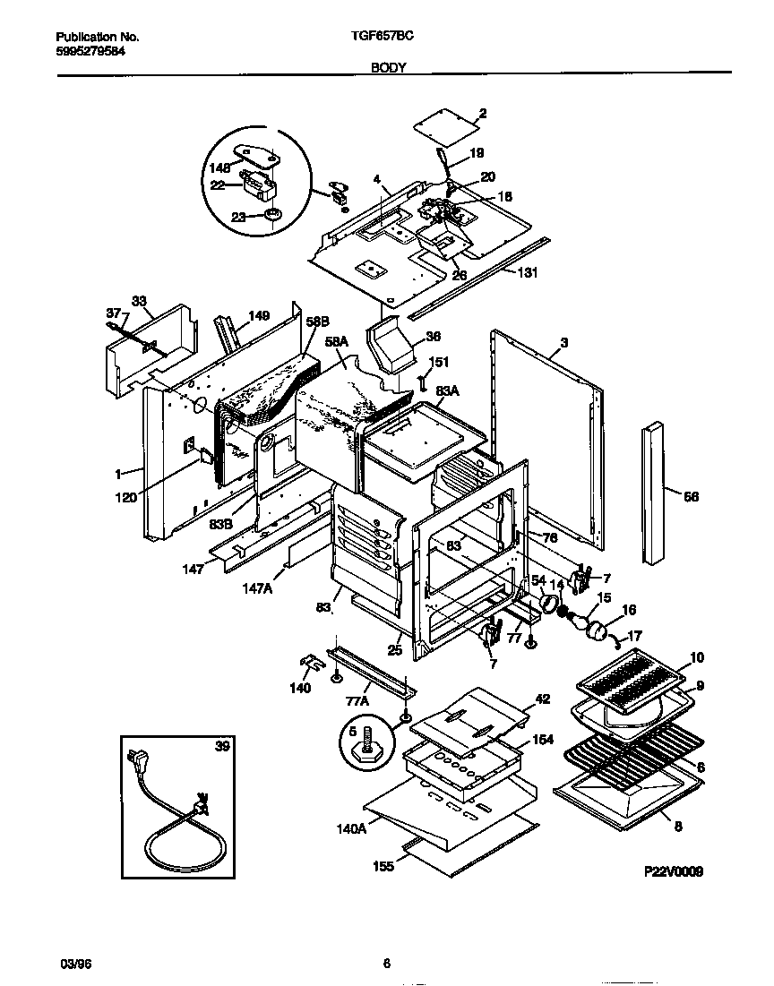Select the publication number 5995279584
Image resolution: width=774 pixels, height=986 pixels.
click(x=90, y=51)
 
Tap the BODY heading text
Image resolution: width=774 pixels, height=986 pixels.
click(x=386, y=68)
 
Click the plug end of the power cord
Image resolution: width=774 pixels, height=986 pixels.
click(x=142, y=762)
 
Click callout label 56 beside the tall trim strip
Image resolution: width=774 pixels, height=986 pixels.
click(x=691, y=496)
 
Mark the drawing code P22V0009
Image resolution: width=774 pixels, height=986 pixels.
click(x=673, y=870)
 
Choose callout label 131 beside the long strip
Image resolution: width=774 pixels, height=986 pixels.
click(x=529, y=274)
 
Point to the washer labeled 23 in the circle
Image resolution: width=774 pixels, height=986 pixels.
click(x=272, y=215)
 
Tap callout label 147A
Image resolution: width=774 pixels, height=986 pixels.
click(x=256, y=588)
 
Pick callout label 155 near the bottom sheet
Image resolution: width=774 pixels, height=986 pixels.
click(x=383, y=866)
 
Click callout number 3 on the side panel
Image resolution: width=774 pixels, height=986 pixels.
click(x=564, y=343)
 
